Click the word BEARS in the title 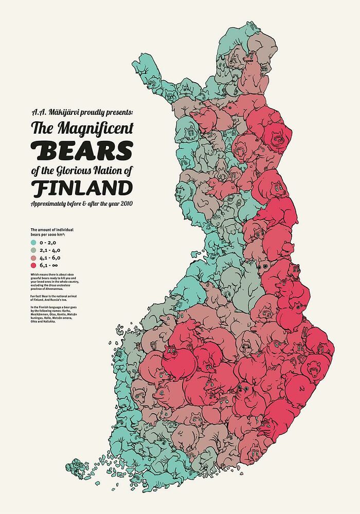[x=82, y=150]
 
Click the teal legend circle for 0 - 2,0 [x=33, y=243]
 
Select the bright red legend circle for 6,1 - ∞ [x=33, y=265]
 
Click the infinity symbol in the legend [x=55, y=265]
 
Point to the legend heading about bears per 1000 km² [x=51, y=232]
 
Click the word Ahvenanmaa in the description [x=54, y=289]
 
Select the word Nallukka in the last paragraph [x=48, y=321]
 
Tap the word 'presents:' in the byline [x=116, y=111]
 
